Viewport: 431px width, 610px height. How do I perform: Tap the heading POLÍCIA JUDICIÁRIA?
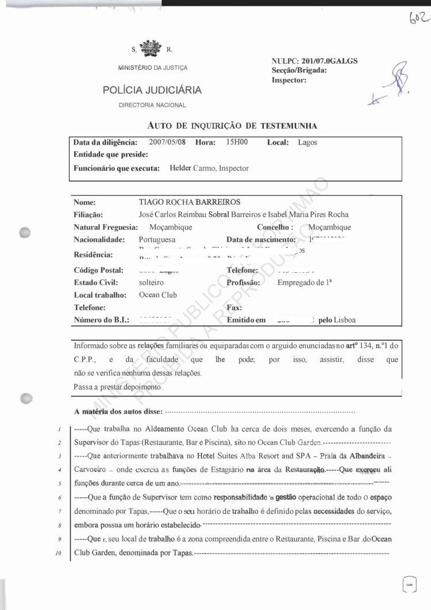pos(152,90)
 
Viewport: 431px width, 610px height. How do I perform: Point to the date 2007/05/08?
pos(168,142)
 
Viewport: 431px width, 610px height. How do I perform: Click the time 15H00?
pos(237,142)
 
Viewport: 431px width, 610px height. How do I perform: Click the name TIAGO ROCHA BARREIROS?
pos(189,203)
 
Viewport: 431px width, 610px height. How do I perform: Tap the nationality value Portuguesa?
pos(157,239)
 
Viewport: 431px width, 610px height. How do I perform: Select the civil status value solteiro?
pos(151,283)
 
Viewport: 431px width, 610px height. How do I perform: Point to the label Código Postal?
pos(98,270)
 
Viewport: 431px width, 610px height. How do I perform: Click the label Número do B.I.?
pos(102,320)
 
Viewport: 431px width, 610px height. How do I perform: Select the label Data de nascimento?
pos(261,239)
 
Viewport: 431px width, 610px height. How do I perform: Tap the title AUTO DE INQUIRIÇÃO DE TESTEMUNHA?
pos(232,125)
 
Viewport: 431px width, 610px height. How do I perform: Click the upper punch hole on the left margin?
pos(24,233)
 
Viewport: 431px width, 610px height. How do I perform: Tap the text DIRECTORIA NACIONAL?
pos(152,105)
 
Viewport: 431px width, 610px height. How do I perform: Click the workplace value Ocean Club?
pos(158,295)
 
